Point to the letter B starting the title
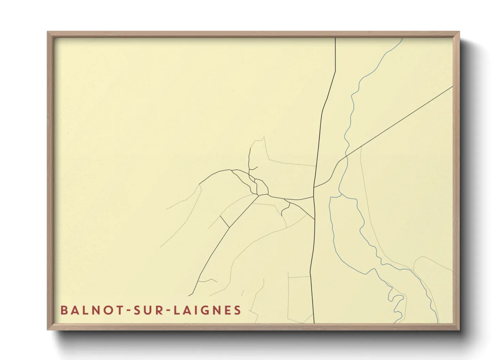pos(64,310)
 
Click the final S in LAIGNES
pos(238,310)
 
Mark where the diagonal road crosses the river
pos(346,156)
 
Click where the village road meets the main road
pos(314,196)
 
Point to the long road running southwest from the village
pos(221,238)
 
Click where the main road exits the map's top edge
pos(335,38)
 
